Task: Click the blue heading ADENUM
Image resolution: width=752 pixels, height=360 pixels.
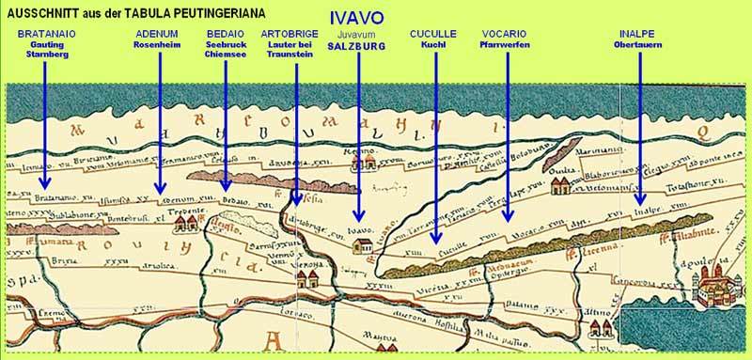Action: pos(157,33)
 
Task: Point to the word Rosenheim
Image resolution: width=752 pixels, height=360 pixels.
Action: pos(157,44)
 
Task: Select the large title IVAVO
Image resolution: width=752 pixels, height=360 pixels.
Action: pos(354,19)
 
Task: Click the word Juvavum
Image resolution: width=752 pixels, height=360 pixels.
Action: pos(354,34)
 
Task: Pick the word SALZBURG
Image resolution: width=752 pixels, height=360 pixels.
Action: pos(354,45)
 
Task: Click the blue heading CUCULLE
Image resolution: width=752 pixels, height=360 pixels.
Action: pos(433,33)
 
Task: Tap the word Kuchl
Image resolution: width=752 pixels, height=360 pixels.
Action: pos(433,44)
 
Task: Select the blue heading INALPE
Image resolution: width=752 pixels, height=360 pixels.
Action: pos(636,33)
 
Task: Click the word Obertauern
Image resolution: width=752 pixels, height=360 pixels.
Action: pos(636,44)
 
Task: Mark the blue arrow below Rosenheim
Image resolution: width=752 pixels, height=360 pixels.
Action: pos(158,122)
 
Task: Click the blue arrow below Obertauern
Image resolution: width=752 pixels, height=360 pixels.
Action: pos(637,122)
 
